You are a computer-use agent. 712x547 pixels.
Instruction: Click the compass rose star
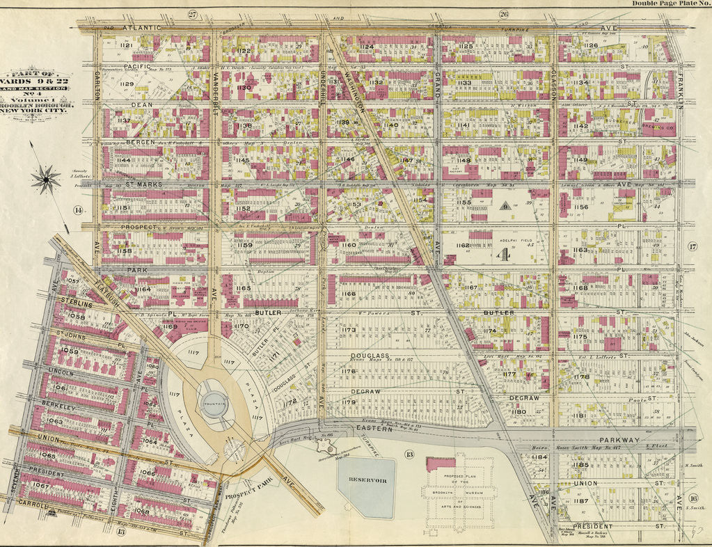pyautogui.click(x=46, y=180)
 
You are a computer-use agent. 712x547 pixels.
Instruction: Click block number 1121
pyautogui.click(x=126, y=45)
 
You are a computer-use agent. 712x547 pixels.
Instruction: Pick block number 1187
pyautogui.click(x=581, y=501)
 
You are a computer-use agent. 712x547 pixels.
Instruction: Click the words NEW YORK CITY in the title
pyautogui.click(x=37, y=109)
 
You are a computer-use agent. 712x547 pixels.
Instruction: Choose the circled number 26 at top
pyautogui.click(x=504, y=14)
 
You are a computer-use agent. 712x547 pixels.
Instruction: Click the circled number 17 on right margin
pyautogui.click(x=693, y=246)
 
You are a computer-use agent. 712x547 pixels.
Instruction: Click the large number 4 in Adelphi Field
pyautogui.click(x=501, y=255)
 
